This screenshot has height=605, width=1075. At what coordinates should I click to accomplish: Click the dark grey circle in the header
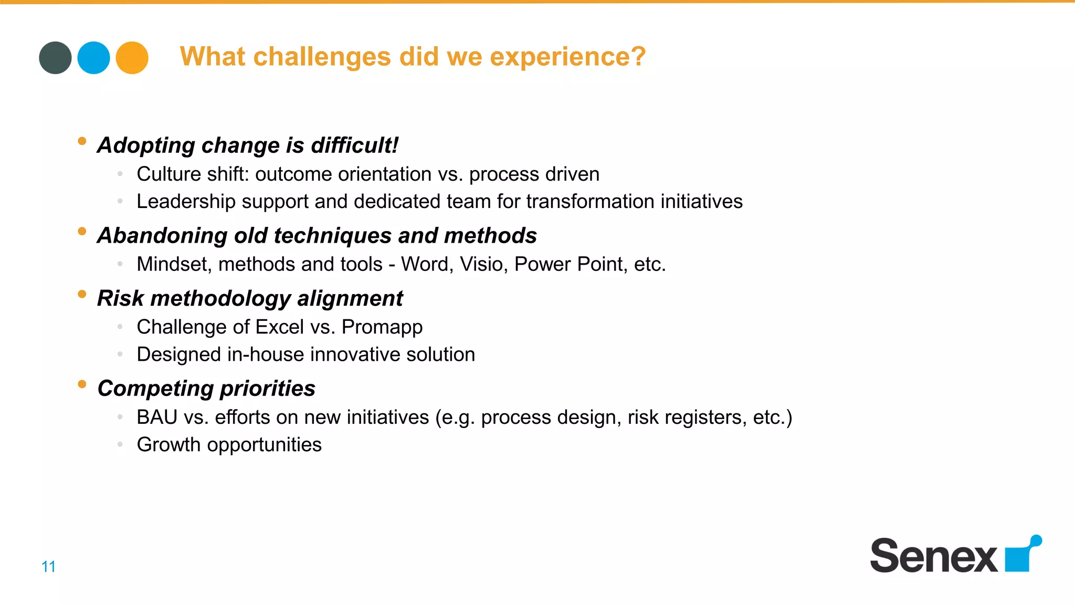point(55,58)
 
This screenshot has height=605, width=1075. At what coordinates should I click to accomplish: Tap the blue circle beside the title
point(93,58)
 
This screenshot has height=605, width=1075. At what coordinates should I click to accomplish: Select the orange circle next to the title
point(132,58)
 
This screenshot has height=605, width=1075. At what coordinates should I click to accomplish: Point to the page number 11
point(48,567)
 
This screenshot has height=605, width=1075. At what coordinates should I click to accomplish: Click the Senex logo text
point(933,556)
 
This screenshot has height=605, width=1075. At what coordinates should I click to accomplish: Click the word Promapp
point(382,327)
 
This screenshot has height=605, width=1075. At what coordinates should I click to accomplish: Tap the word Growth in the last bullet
point(168,445)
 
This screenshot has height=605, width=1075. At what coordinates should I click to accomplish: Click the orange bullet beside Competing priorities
point(82,384)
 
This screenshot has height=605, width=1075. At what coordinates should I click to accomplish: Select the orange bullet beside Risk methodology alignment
point(82,294)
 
